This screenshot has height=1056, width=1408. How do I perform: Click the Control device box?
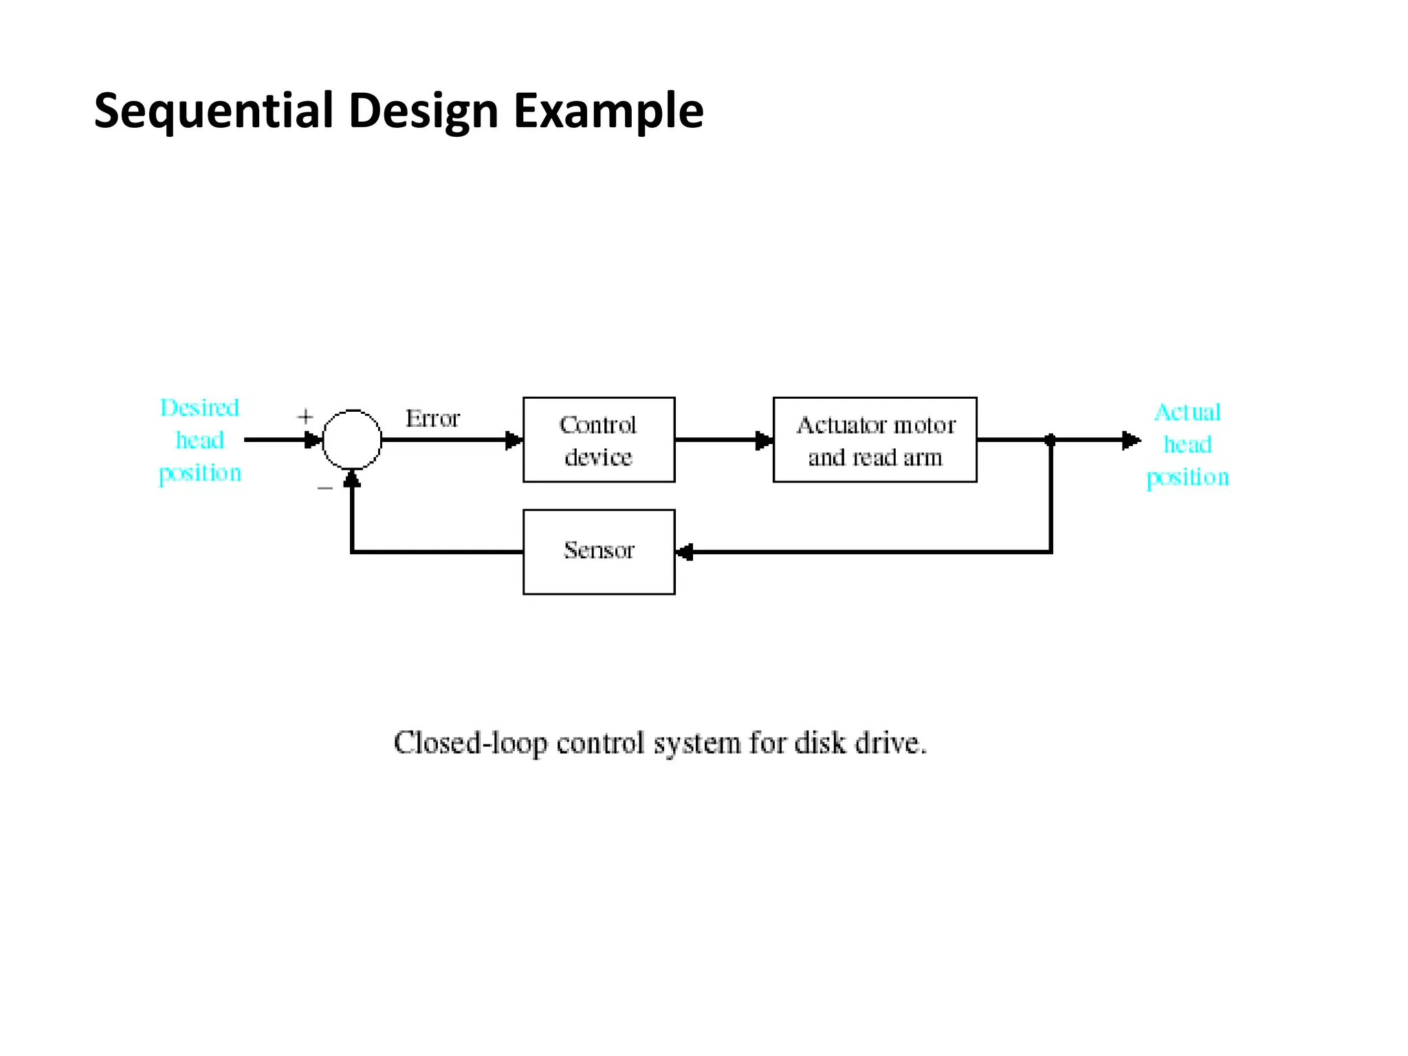click(x=598, y=440)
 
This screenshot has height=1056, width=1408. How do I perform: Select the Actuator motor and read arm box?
click(x=874, y=440)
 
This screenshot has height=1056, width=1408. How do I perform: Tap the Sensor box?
click(x=598, y=551)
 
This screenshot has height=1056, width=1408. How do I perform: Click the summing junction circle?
click(x=352, y=440)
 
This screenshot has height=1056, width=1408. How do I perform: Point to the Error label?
click(x=432, y=419)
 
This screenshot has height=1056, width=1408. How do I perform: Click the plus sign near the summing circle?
click(x=305, y=417)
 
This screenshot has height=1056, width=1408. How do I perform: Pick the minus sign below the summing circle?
click(x=325, y=488)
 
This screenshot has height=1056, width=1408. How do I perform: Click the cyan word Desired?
click(x=199, y=408)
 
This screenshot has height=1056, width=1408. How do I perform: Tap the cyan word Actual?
click(x=1187, y=412)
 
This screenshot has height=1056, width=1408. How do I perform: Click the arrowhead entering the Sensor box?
click(x=685, y=552)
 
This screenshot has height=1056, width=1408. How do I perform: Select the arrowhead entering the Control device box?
click(x=514, y=440)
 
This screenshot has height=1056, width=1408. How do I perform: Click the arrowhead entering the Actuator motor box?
click(x=764, y=440)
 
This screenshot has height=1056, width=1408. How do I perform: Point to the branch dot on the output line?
click(x=1050, y=440)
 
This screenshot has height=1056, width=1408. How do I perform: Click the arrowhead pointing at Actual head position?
click(x=1131, y=440)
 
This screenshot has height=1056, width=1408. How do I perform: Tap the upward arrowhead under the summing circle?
click(x=352, y=479)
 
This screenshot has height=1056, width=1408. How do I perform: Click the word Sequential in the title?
click(x=213, y=111)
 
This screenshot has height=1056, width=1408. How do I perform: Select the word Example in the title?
click(x=608, y=111)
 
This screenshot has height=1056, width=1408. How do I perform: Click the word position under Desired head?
click(x=200, y=474)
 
